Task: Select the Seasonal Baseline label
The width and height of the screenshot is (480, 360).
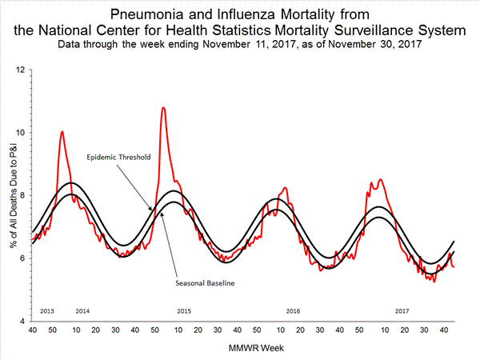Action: tap(205, 282)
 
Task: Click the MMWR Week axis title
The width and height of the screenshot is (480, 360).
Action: tap(244, 349)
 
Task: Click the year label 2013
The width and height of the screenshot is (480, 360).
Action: tap(47, 310)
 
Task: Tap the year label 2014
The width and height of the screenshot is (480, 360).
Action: tap(82, 310)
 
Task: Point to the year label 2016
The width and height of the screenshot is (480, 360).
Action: tap(294, 310)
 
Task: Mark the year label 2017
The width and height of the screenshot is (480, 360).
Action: tap(402, 310)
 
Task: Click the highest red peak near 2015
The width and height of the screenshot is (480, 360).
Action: tap(163, 107)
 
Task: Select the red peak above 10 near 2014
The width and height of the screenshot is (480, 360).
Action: tap(62, 131)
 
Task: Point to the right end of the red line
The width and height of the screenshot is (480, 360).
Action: tap(454, 266)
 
